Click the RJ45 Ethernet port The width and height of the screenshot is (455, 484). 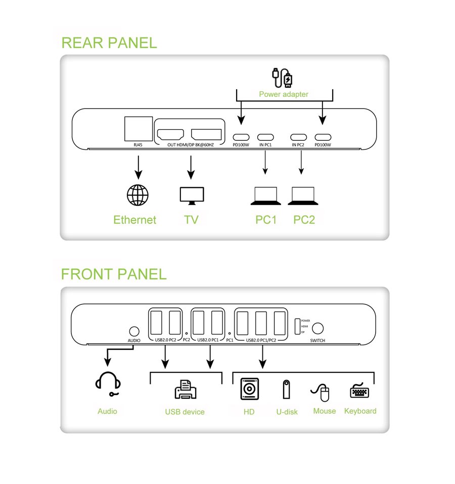[138, 128]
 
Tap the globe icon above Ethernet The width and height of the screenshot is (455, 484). [138, 195]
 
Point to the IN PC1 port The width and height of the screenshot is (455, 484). [265, 137]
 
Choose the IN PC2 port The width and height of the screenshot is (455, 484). [298, 137]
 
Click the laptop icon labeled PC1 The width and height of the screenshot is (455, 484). [265, 196]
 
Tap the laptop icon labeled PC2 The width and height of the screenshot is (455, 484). [303, 196]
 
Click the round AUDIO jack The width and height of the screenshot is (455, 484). [134, 331]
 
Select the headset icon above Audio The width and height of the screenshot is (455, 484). [108, 384]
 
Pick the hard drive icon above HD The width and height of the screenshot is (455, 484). [249, 389]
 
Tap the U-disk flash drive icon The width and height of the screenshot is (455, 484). [286, 390]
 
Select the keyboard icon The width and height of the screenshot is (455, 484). [359, 392]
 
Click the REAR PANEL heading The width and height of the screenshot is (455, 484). [109, 42]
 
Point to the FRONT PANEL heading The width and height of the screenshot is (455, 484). [113, 274]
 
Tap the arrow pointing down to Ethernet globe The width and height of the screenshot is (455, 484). [138, 166]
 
